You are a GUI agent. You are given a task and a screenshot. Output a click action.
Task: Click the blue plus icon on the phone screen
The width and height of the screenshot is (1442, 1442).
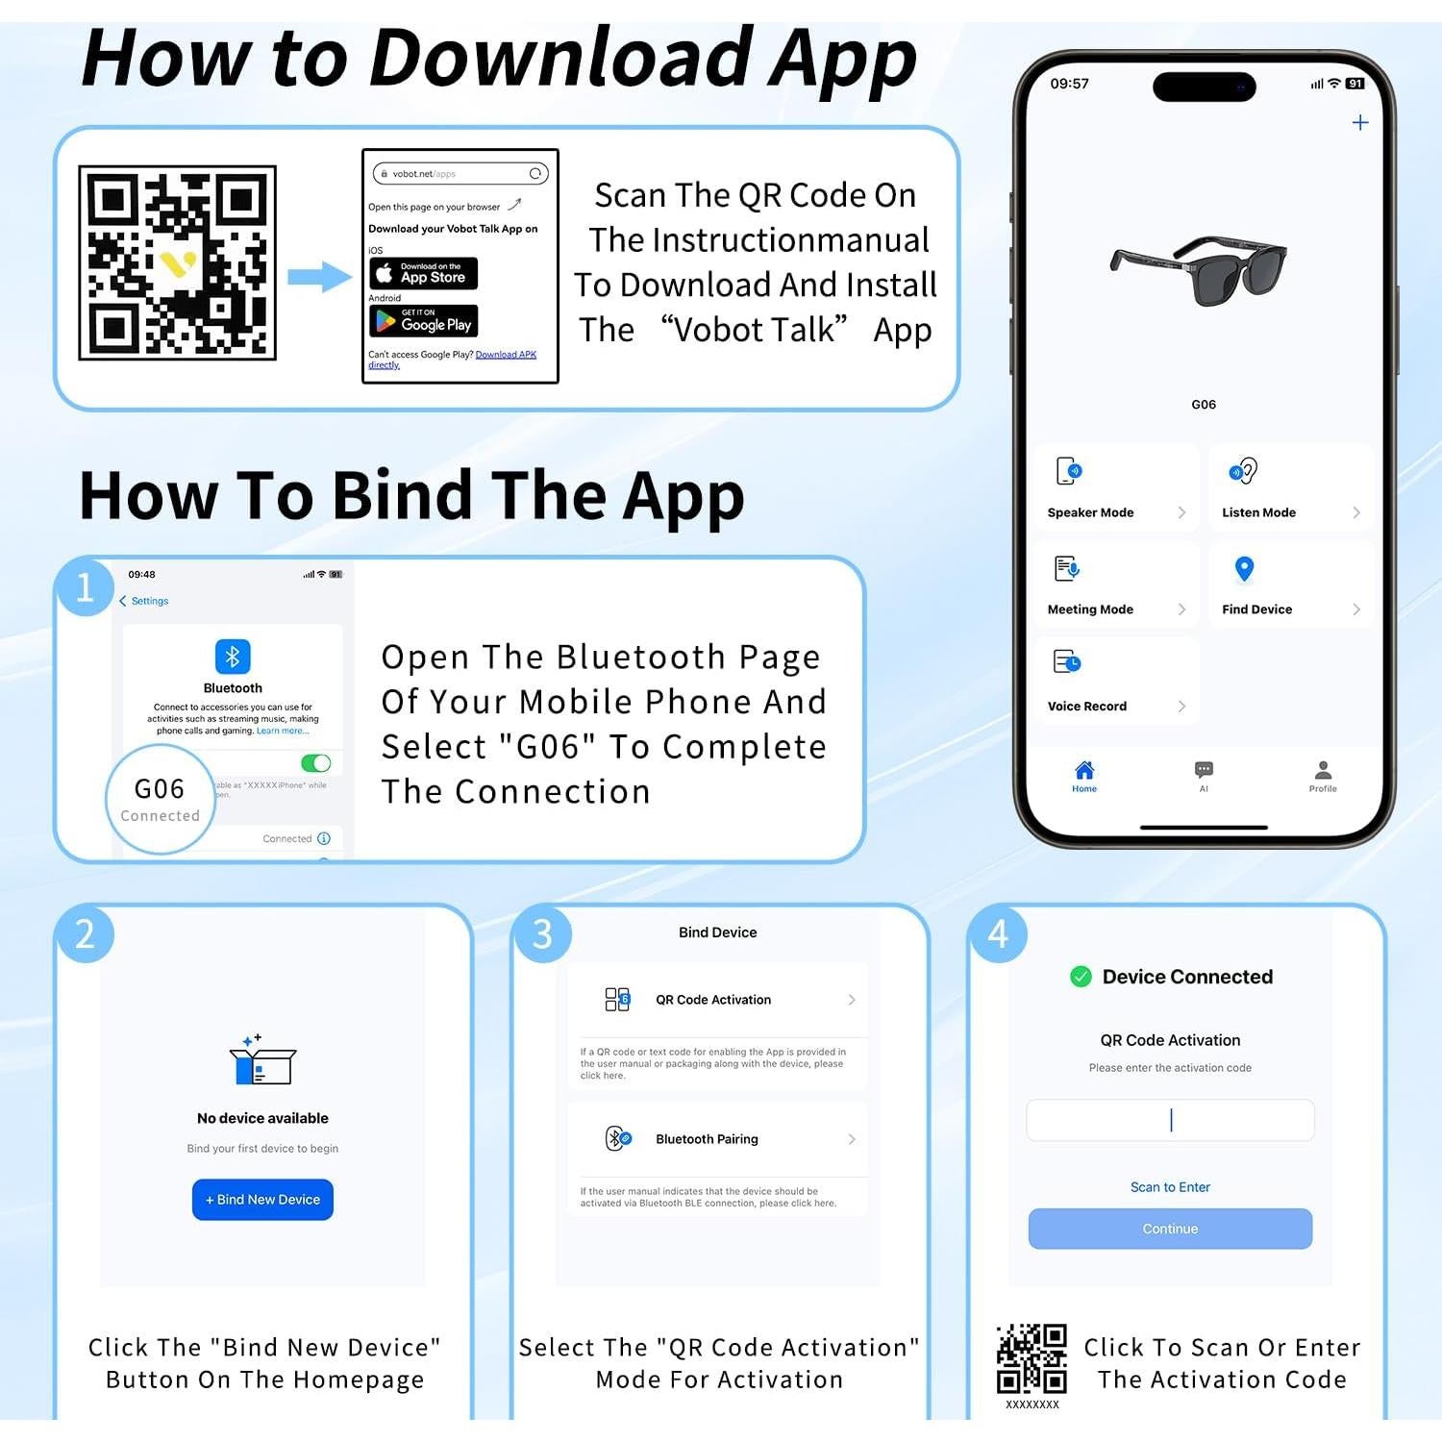1359,122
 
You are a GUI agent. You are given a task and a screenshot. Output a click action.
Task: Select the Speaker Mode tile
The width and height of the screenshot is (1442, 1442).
1115,489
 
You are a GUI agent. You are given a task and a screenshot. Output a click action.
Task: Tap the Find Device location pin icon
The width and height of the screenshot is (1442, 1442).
1244,569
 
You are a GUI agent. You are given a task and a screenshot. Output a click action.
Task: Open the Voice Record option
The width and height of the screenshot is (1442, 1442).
1115,682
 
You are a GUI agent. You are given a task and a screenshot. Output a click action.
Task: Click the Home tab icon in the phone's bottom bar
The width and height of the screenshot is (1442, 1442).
1084,771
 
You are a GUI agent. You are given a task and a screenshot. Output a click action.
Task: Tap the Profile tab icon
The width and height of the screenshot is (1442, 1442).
1323,771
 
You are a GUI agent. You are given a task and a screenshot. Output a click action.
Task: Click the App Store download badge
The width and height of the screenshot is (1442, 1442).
423,273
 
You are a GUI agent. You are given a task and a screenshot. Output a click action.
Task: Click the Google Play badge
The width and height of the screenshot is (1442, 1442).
423,321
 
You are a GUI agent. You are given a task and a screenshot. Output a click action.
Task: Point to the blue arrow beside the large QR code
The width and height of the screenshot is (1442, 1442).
319,277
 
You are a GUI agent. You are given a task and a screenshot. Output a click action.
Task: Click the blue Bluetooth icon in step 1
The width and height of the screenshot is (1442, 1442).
233,657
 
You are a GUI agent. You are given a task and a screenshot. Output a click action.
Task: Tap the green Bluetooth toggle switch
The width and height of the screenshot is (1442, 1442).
315,763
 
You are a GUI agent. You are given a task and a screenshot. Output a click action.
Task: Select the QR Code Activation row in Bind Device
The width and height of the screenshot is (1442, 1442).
717,1000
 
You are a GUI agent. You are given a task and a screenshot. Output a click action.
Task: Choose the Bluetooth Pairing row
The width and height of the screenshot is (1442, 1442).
717,1139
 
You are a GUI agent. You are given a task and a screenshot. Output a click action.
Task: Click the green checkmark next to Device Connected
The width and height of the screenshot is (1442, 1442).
1081,977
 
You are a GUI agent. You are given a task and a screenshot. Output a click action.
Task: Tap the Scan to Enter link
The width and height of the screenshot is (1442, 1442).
1170,1187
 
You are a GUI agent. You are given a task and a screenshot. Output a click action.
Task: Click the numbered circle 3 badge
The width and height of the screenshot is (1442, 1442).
542,933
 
